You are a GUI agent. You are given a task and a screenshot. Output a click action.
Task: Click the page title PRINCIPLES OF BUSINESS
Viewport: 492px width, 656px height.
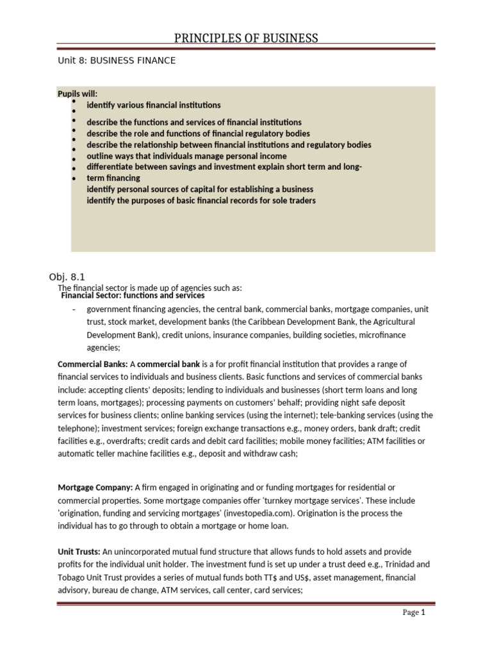pos(247,38)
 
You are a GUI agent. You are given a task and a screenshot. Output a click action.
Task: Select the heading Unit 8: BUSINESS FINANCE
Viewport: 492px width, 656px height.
pos(117,60)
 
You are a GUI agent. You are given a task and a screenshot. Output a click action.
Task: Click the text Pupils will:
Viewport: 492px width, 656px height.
pos(78,94)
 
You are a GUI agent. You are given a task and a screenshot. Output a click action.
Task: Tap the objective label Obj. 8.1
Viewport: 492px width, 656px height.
pos(67,277)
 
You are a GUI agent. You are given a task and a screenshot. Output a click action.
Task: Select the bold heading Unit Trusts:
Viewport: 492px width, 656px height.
pos(79,552)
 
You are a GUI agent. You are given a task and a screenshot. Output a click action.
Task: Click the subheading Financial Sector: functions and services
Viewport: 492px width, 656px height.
pos(133,296)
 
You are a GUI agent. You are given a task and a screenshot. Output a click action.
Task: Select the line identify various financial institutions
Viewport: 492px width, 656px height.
pos(154,104)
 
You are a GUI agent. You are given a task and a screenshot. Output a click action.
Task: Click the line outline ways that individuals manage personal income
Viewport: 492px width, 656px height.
pos(186,156)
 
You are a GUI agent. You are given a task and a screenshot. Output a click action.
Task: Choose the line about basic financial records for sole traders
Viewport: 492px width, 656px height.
pos(201,201)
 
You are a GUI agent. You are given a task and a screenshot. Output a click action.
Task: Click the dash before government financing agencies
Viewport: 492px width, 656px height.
pos(74,309)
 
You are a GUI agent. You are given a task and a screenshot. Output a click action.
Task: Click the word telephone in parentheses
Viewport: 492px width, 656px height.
pos(78,428)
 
